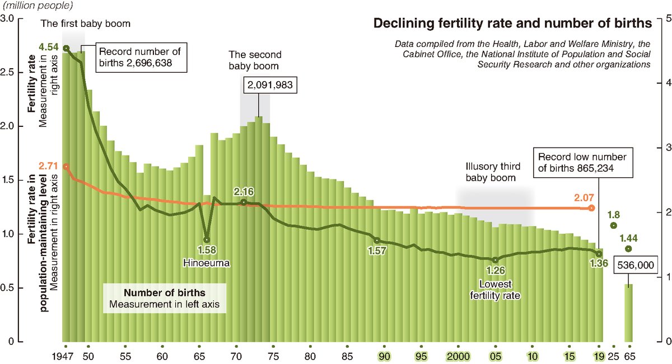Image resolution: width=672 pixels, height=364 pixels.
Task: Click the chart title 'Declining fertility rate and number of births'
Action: click(512, 23)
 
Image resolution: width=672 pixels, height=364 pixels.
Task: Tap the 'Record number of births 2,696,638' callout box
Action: click(140, 57)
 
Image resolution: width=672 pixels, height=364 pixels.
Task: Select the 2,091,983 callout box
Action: click(270, 85)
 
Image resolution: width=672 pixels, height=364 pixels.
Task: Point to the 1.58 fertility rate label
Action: click(207, 249)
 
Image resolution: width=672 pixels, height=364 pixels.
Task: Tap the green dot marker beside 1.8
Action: click(613, 226)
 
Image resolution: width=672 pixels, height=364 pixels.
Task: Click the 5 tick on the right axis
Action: click(664, 18)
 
